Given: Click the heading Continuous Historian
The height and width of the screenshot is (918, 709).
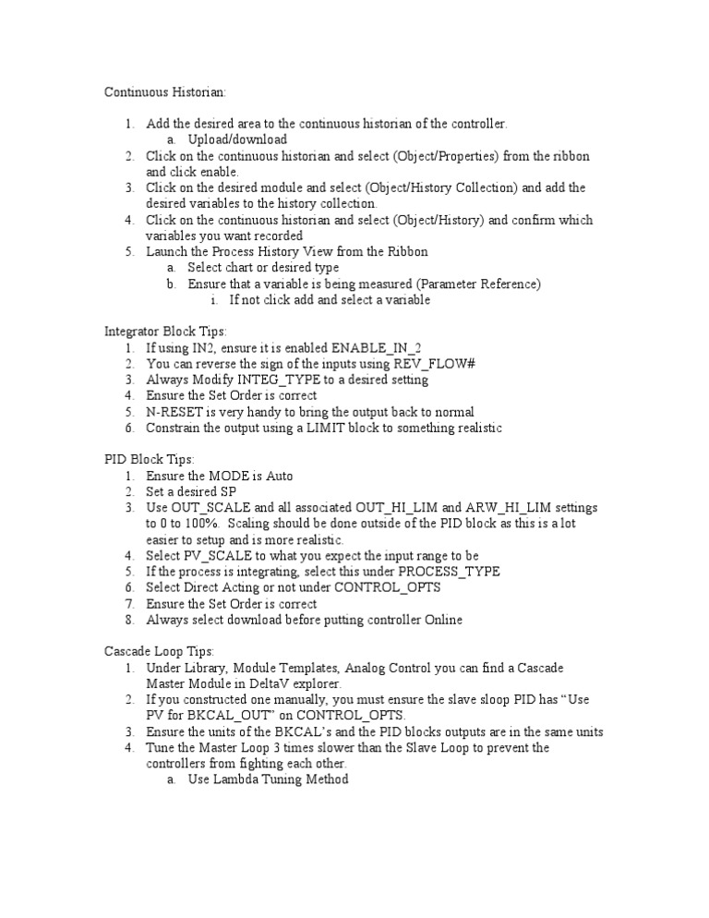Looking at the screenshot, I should point(164,91).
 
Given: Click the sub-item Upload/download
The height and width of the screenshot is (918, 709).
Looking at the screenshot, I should point(237,139).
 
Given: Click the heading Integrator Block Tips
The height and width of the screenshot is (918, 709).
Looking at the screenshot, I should point(165,331).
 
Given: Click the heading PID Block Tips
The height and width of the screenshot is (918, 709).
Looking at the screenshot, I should point(148,459).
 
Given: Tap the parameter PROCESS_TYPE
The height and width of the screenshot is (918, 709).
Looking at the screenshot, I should point(440,572).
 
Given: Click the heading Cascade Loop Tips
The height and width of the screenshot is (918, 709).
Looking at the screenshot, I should point(158,651).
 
